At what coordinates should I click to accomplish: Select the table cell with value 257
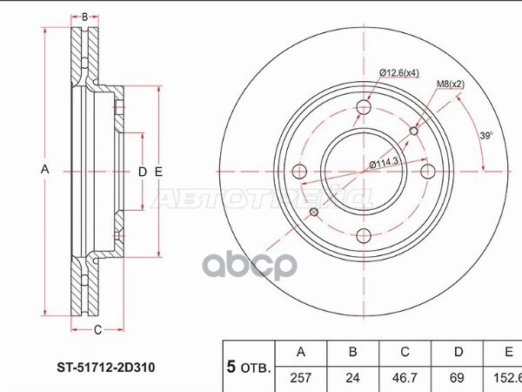point(301,377)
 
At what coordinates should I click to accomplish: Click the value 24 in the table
point(351,377)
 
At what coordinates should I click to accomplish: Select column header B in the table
point(351,353)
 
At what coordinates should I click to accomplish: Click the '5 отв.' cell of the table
point(249,365)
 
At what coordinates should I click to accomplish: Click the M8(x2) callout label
point(449,84)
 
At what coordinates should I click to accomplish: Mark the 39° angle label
point(485,135)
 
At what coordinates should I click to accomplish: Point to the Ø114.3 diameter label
point(384,163)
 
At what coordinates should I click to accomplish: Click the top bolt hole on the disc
point(364,107)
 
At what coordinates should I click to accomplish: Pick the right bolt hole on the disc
point(428,171)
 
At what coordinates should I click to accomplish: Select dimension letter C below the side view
point(97,328)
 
